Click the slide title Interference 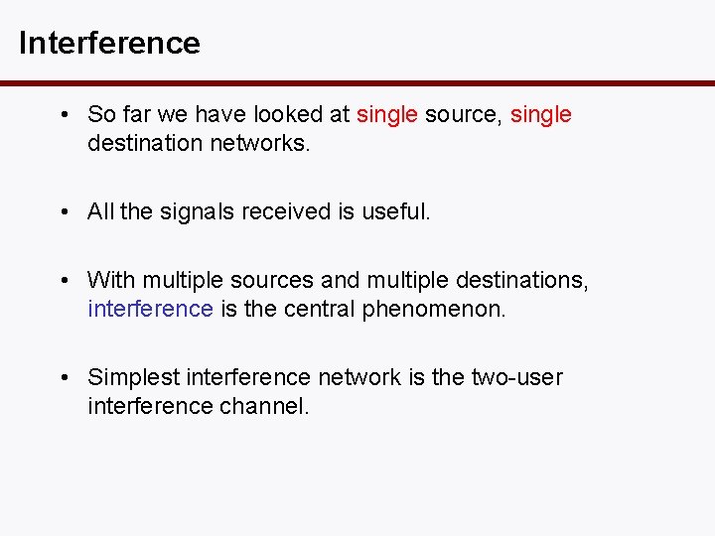point(109,44)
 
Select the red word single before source point(387,115)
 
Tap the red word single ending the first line point(541,115)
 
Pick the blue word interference point(150,309)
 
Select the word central point(316,309)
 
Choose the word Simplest point(133,378)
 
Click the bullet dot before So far point(64,115)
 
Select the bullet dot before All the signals point(64,211)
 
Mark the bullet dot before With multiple point(64,281)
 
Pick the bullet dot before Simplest point(64,378)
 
